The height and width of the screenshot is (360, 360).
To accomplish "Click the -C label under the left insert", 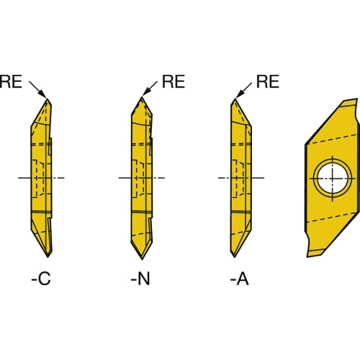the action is click(41, 279).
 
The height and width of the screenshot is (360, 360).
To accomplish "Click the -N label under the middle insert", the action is click(140, 279).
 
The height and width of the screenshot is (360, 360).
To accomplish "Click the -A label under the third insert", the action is click(240, 279).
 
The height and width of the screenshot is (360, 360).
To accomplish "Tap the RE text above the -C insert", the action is click(11, 81).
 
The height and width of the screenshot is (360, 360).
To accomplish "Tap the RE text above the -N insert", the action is click(174, 81).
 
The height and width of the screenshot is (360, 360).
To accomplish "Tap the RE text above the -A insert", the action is click(268, 81).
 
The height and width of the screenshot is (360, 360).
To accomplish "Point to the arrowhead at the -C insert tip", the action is click(42, 94).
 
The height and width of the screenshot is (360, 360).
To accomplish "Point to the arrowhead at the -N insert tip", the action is click(146, 92).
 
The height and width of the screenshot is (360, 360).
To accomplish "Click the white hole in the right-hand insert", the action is click(333, 179).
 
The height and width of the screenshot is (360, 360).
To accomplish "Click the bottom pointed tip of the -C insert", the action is click(48, 257).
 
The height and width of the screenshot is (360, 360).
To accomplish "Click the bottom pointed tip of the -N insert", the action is click(142, 259).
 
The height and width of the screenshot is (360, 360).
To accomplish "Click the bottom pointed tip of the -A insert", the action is click(234, 257).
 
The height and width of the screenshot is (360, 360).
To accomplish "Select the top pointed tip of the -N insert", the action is click(142, 96).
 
